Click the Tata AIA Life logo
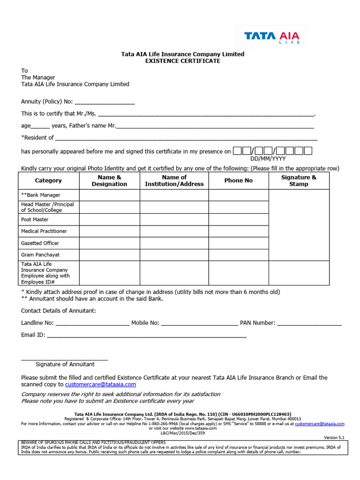click(x=272, y=37)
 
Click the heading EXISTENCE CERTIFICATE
click(x=183, y=61)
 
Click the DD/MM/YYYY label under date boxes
click(x=268, y=159)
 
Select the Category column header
click(x=48, y=180)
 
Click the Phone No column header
click(x=238, y=180)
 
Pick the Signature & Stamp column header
click(x=299, y=180)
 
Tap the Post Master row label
click(x=35, y=219)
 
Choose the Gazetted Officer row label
click(x=40, y=243)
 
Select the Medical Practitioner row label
click(x=44, y=231)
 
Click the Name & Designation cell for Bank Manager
click(x=109, y=195)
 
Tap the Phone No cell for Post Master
click(x=238, y=219)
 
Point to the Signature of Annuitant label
click(x=65, y=364)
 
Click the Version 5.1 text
click(x=334, y=437)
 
